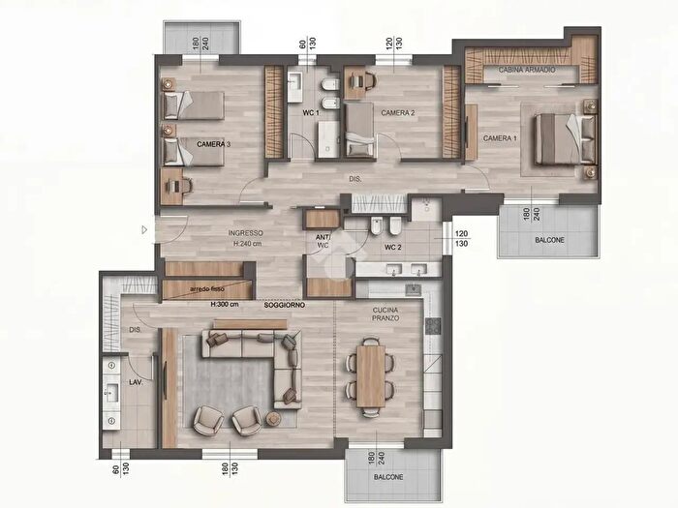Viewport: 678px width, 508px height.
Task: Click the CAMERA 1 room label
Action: [500, 138]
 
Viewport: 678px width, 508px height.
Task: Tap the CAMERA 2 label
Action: [398, 113]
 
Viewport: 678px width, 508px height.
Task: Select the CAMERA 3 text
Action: [214, 144]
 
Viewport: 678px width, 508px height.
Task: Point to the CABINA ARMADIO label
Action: [526, 71]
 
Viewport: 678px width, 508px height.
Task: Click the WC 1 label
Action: [311, 113]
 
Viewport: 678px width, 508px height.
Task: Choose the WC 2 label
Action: [393, 247]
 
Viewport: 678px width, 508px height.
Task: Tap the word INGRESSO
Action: [246, 233]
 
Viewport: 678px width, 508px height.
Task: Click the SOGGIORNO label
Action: [285, 306]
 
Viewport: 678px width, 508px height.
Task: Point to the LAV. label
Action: [137, 383]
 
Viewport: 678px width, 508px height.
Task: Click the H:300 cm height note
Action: [226, 305]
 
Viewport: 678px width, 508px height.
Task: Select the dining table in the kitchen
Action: [371, 374]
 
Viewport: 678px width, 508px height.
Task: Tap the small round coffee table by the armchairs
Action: [273, 418]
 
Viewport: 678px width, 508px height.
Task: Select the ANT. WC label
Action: [323, 242]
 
